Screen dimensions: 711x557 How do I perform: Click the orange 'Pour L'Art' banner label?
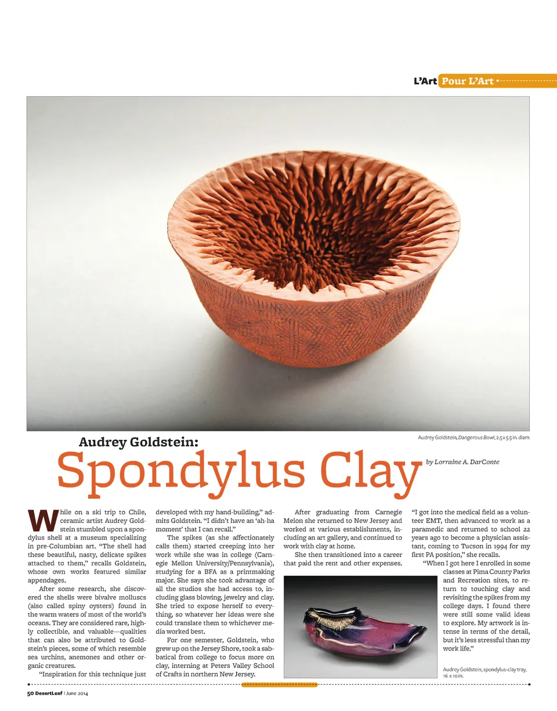pos(467,81)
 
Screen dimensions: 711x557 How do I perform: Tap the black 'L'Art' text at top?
pos(425,81)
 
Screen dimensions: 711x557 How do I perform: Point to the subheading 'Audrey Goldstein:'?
pos(139,442)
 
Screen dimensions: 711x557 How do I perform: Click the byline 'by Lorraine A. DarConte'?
pos(462,462)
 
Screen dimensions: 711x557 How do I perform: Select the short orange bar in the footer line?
pos(279,685)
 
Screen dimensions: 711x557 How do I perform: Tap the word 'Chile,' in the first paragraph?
pos(138,513)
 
